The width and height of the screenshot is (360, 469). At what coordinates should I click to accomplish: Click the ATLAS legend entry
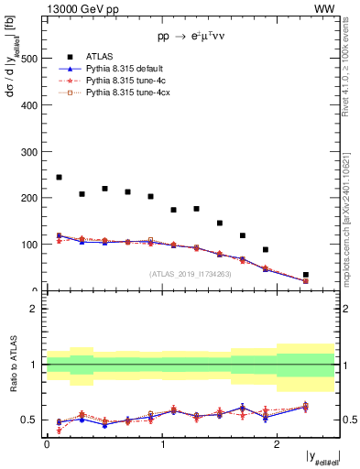[x=102, y=56]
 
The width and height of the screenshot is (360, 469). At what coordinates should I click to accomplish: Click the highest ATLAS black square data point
[x=60, y=178]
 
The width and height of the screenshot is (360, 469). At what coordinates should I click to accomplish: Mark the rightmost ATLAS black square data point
[x=306, y=275]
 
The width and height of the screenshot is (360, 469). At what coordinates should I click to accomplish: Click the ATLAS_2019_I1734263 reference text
[x=190, y=273]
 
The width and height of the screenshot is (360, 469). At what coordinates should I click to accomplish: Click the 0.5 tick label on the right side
[x=349, y=420]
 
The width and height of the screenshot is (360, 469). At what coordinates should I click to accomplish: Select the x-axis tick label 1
[x=162, y=444]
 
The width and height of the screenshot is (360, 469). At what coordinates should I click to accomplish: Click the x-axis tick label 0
[x=47, y=444]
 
